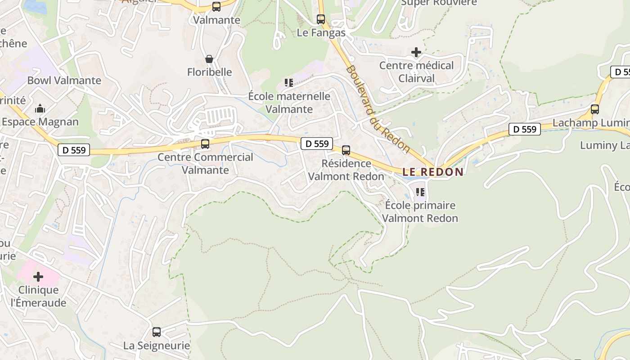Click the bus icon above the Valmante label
point(216,7)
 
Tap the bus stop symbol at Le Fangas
point(321,19)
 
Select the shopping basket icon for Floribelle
point(209,59)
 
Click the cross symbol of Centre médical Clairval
point(416,53)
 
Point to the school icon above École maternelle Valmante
point(288,83)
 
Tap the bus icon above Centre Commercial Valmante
point(205,144)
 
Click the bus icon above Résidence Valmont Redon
point(346,150)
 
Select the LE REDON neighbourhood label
point(432,172)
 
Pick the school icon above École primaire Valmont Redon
point(420,192)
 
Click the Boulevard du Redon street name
point(378,109)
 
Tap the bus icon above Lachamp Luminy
point(595,109)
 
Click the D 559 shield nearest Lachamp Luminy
point(525,129)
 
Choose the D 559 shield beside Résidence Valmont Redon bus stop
point(317,144)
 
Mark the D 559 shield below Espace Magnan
point(74,150)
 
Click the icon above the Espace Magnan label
point(40,109)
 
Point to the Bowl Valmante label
point(64,81)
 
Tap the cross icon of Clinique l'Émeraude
point(38,276)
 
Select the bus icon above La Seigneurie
point(157,332)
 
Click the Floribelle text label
point(210,72)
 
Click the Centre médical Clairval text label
point(417,72)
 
